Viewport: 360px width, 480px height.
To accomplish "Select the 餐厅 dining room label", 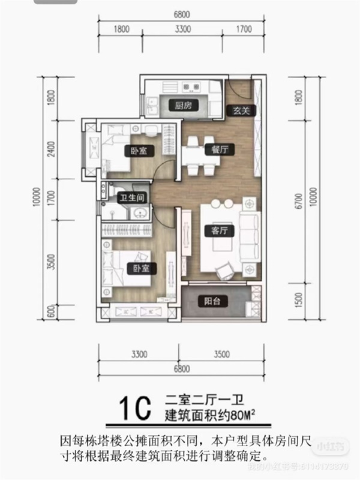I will click(x=211, y=149).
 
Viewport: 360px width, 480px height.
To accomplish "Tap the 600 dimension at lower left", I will click(x=52, y=312).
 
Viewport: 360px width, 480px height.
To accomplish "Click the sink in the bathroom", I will click(x=140, y=212).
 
